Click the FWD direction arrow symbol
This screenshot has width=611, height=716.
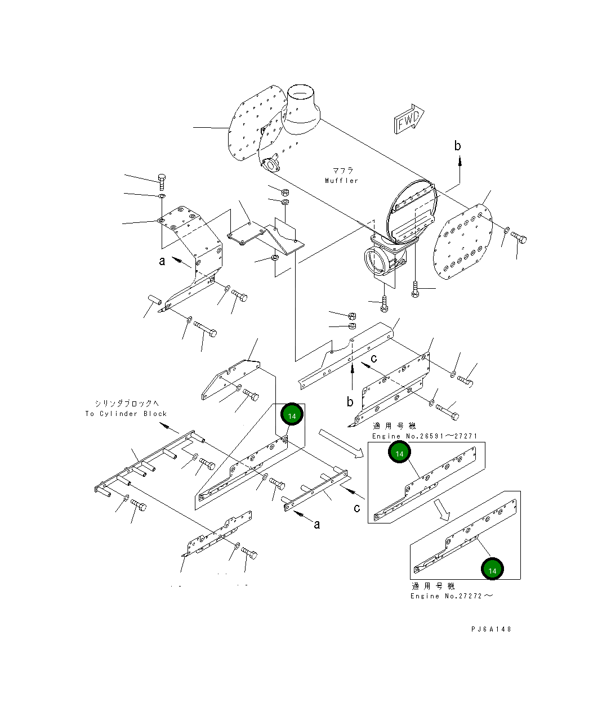[x=407, y=120]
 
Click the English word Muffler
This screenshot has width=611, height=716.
[x=341, y=181]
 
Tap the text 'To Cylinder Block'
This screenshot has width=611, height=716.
[x=126, y=414]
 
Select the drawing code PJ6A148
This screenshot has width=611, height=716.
[x=492, y=629]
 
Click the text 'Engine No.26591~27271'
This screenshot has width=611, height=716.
[x=425, y=436]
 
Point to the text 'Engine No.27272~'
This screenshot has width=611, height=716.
[x=451, y=596]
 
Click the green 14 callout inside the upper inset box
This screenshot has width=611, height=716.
[x=400, y=453]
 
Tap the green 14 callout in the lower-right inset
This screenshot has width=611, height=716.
[x=493, y=570]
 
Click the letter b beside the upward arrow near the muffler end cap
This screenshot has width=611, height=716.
[x=458, y=146]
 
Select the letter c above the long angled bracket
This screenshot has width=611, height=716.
[x=373, y=358]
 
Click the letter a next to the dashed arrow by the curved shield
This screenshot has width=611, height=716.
[x=162, y=261]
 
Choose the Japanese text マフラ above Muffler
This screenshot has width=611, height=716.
[x=343, y=171]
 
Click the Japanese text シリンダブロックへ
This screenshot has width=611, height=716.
[x=127, y=403]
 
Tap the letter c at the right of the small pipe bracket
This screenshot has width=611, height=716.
[x=357, y=508]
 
